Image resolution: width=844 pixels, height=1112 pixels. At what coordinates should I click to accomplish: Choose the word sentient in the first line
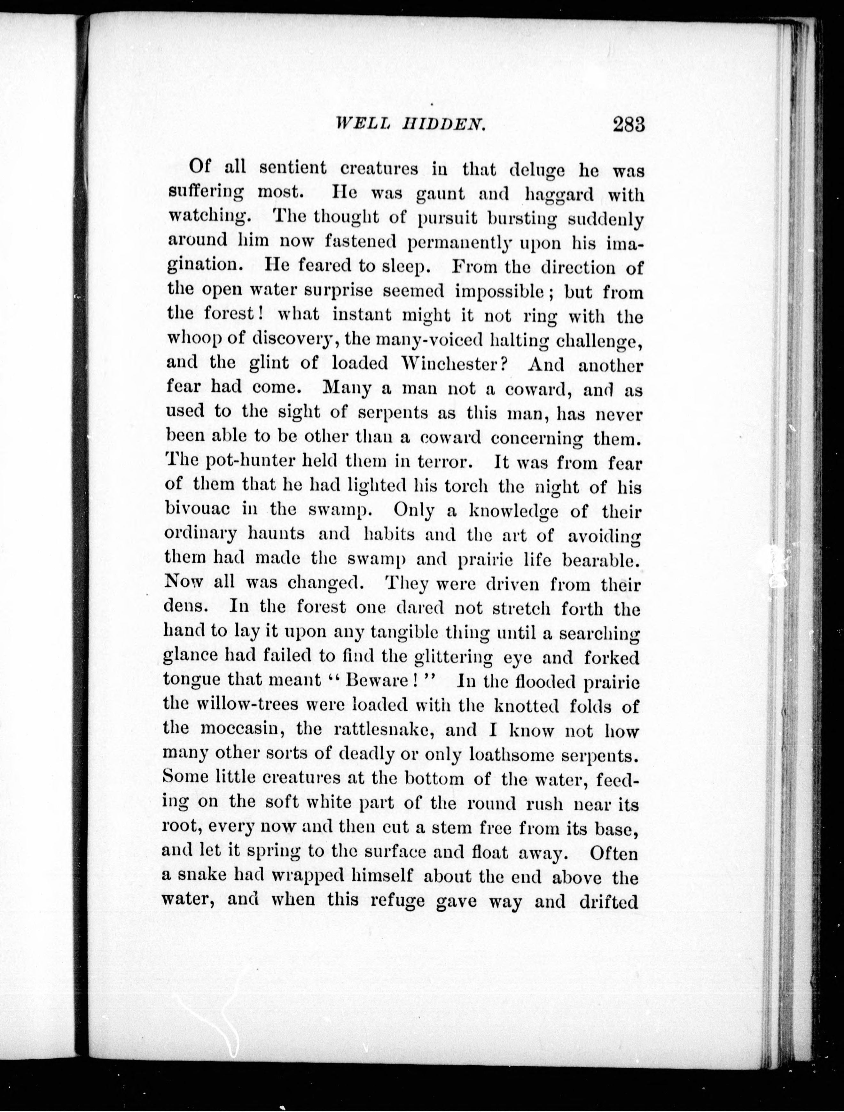tap(292, 169)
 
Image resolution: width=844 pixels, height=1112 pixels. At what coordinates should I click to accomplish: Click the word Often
tap(613, 853)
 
